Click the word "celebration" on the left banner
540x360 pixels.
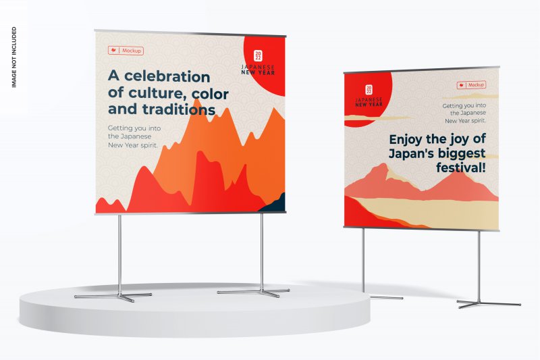coord(167,76)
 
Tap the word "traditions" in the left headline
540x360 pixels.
coord(179,109)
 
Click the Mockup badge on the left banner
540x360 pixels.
coord(126,51)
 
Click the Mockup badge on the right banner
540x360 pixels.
coord(471,84)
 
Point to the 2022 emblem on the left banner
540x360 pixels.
coord(258,56)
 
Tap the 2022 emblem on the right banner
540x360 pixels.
coord(369,90)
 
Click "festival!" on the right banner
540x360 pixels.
coord(461,168)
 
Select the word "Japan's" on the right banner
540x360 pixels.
coord(410,153)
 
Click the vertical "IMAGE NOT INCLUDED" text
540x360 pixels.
coord(13,57)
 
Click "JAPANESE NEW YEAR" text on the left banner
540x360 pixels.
coord(258,70)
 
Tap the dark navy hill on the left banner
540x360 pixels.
coord(274,204)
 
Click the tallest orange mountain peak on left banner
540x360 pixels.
coord(196,100)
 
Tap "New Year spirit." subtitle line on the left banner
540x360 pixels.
coord(133,145)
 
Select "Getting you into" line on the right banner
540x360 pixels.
coord(464,106)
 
